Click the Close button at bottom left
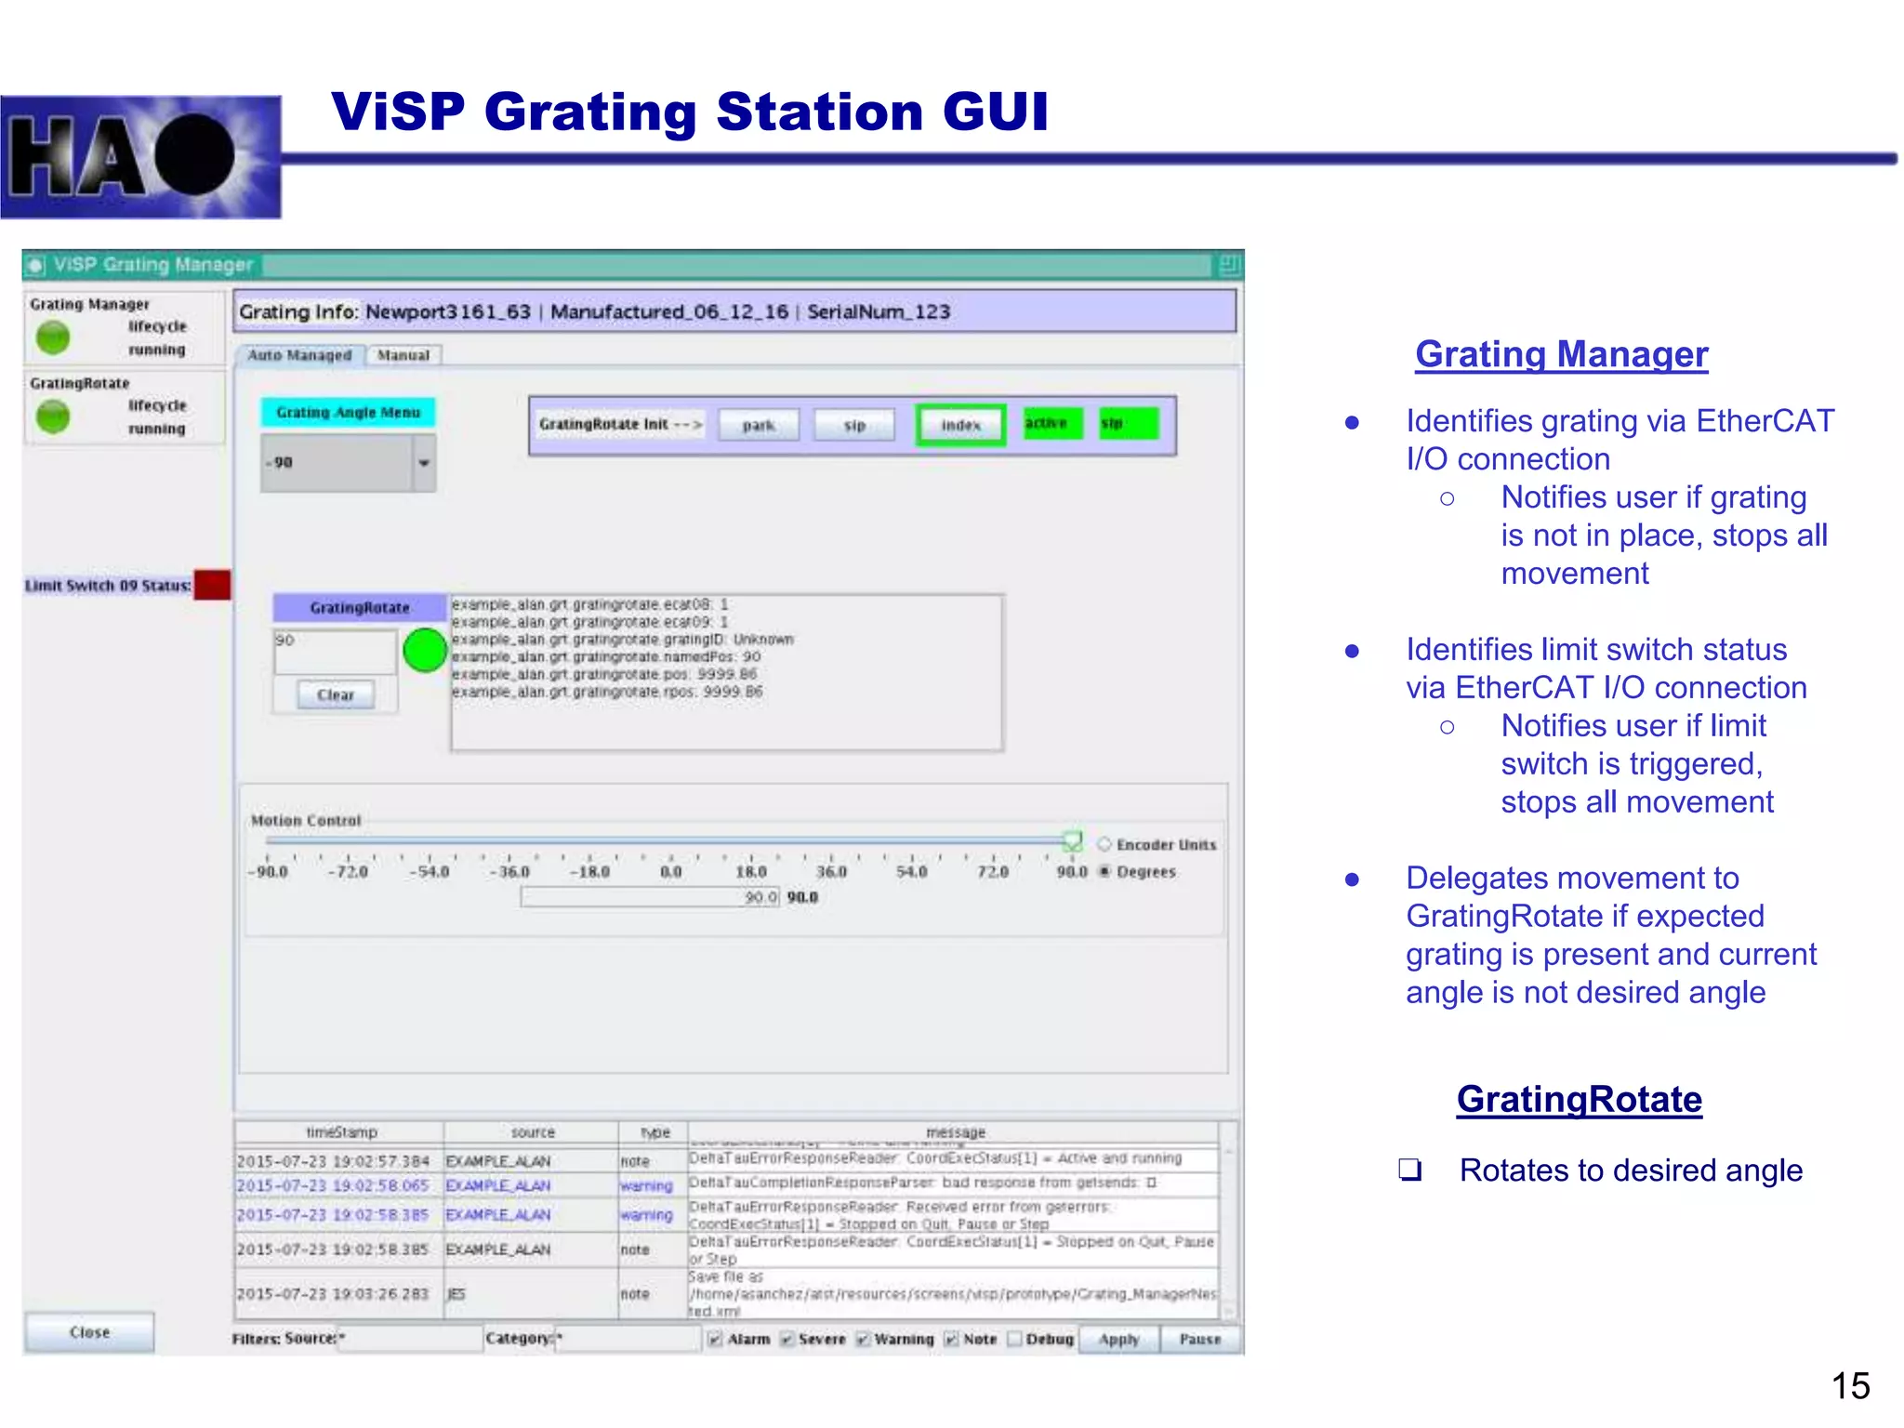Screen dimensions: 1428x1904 click(x=89, y=1332)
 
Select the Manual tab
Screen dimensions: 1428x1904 click(x=403, y=355)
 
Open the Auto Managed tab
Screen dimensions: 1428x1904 click(x=299, y=355)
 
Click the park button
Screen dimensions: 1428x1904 click(x=759, y=425)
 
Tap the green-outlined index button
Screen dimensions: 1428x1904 click(x=960, y=425)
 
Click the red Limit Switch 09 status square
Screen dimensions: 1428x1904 click(x=213, y=585)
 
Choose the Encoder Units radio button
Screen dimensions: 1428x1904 click(x=1104, y=844)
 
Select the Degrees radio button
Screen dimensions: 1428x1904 click(x=1104, y=871)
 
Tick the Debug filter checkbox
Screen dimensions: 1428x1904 click(x=1015, y=1339)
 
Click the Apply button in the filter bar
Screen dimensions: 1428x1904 click(x=1118, y=1339)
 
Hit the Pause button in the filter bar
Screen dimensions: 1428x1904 click(x=1199, y=1339)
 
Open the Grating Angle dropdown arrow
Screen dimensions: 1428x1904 click(x=424, y=463)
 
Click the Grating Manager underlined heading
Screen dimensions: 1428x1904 click(x=1561, y=354)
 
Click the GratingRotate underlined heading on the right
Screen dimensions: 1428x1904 click(x=1579, y=1099)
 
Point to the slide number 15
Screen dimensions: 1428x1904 click(x=1850, y=1386)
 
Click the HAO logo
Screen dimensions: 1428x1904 click(x=140, y=157)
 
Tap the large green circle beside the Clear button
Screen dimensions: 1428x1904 click(x=426, y=650)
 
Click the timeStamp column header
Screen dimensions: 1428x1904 click(x=341, y=1132)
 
